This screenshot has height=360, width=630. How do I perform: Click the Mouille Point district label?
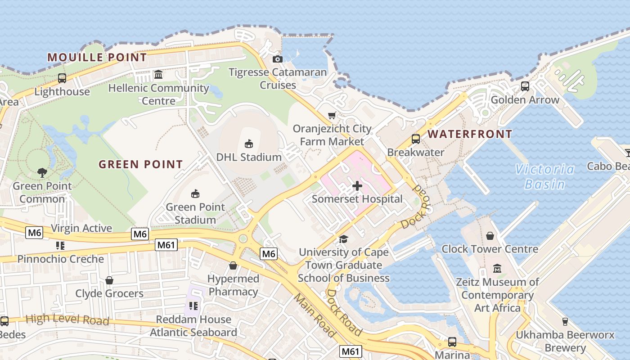click(97, 57)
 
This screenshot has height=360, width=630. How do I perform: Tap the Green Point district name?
click(141, 164)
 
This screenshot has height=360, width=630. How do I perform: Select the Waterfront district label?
click(470, 134)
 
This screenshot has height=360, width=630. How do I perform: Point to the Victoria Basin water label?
click(545, 176)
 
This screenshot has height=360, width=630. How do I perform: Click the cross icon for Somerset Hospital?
click(357, 186)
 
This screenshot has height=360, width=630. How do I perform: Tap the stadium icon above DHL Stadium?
click(248, 144)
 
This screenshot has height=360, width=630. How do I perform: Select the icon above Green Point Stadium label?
click(195, 194)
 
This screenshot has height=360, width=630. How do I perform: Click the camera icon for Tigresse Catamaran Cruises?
click(278, 59)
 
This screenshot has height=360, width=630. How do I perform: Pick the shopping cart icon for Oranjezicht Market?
click(332, 116)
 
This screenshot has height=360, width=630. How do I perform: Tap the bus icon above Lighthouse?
click(62, 78)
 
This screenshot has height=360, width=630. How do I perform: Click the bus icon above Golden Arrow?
click(525, 86)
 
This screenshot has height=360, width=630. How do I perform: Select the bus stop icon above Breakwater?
click(416, 139)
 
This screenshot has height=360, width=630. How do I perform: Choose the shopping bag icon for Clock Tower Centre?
click(490, 236)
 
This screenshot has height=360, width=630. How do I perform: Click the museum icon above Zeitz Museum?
click(497, 269)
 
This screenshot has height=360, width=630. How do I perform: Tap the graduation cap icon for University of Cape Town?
click(344, 239)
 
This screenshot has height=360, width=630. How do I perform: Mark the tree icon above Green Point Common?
click(42, 172)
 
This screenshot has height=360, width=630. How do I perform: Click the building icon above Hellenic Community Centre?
click(158, 74)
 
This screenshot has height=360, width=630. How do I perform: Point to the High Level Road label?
click(67, 320)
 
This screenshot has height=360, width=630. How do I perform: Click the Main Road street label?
click(315, 315)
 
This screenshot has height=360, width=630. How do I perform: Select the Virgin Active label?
click(81, 228)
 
